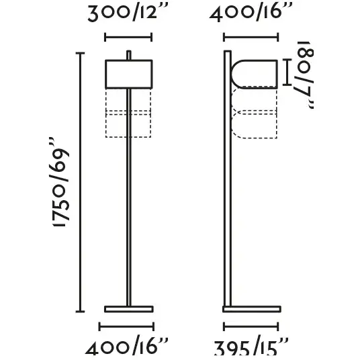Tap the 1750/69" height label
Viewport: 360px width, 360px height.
[61, 183]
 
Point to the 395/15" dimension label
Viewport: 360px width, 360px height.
[251, 348]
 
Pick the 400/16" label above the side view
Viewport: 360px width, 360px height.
[251, 13]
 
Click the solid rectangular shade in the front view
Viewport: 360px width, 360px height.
[129, 74]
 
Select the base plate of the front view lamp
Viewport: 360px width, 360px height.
[129, 309]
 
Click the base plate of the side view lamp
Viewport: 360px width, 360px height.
[252, 309]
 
